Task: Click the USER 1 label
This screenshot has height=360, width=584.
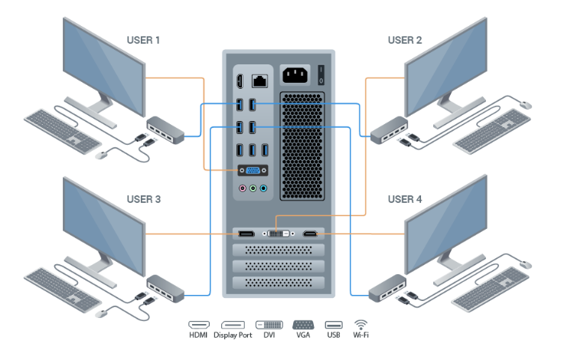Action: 143,40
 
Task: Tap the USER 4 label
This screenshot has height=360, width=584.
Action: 405,200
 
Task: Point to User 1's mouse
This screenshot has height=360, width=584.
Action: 101,155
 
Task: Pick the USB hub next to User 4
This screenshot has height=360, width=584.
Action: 387,289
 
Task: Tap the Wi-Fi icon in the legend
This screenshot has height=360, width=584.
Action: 361,324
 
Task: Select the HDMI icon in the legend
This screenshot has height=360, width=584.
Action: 199,324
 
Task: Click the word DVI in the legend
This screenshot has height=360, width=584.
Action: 268,335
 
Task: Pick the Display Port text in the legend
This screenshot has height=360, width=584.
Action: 233,335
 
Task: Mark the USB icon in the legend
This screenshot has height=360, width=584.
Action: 333,324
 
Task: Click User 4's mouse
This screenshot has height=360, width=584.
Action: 526,264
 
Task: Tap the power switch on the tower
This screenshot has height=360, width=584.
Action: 321,75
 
